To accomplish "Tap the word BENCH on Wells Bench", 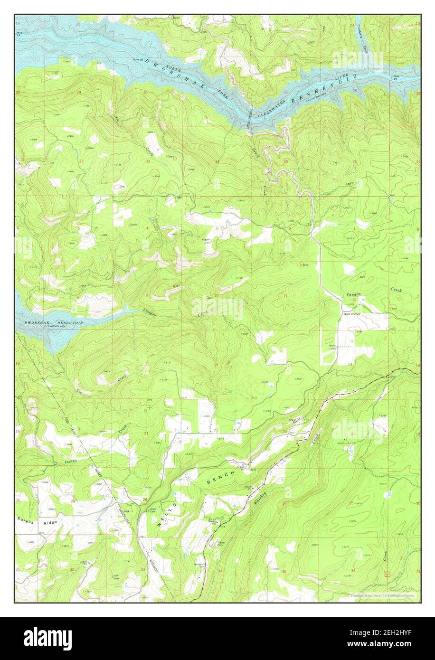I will pos(221,480).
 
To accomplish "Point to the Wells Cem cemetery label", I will pos(153,511).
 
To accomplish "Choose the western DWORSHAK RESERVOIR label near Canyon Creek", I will pos(53,323).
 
